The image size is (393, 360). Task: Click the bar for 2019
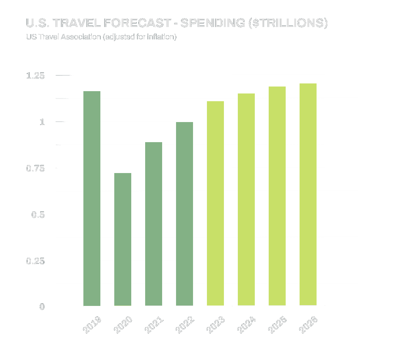click(x=92, y=199)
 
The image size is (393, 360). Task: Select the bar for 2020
click(x=123, y=239)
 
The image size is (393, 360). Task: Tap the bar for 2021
click(x=154, y=224)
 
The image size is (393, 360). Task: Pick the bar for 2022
click(x=185, y=214)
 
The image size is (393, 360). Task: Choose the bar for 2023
click(x=215, y=204)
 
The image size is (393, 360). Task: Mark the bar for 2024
click(x=246, y=200)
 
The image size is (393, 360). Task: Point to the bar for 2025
click(x=277, y=196)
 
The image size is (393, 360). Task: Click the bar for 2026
click(x=308, y=195)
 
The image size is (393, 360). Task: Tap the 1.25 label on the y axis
click(x=36, y=76)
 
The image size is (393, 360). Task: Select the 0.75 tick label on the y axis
click(x=36, y=168)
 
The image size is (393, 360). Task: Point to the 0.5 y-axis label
click(x=38, y=214)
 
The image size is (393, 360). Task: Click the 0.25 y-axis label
click(x=36, y=261)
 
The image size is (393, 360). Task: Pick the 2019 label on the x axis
click(x=92, y=325)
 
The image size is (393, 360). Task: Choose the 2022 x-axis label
click(x=185, y=325)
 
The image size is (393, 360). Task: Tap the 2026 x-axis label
click(x=308, y=325)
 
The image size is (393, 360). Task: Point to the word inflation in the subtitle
click(x=162, y=37)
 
